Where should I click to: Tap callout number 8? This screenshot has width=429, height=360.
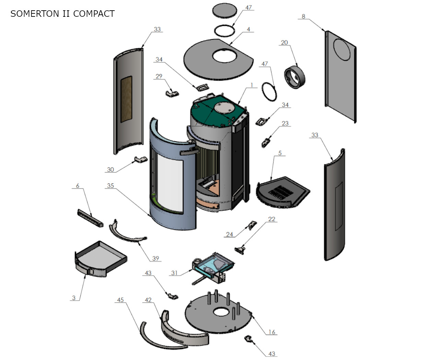[x=303, y=16]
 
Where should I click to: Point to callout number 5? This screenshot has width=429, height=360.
[x=280, y=153]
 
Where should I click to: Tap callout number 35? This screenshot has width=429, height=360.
[x=110, y=186]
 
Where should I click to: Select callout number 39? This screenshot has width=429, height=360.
[x=156, y=259]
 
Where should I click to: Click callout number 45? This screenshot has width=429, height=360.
[x=120, y=300]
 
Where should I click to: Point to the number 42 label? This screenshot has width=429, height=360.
[x=148, y=300]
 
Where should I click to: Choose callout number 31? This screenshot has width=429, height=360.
[x=174, y=273]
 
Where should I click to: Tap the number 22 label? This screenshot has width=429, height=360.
[x=271, y=219]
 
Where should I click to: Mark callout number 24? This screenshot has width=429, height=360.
[x=229, y=235]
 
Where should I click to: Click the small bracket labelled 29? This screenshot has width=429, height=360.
[x=172, y=93]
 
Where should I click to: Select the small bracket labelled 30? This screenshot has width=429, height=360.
[x=141, y=159]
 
